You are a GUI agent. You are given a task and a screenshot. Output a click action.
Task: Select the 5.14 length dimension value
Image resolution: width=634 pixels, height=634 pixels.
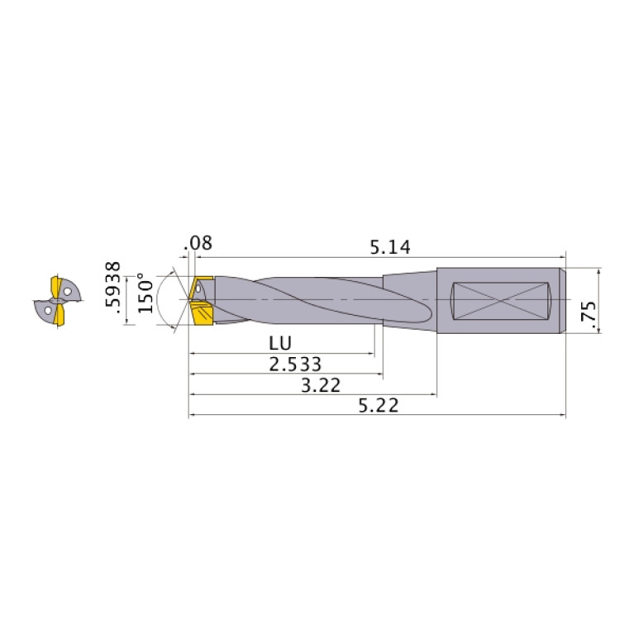click(390, 246)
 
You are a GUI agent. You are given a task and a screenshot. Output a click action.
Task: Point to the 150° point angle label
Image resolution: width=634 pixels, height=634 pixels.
click(145, 293)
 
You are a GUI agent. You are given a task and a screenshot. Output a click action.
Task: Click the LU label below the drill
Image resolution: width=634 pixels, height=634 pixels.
click(279, 342)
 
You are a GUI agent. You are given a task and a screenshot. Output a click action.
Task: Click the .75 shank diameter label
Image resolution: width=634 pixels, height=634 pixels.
click(589, 316)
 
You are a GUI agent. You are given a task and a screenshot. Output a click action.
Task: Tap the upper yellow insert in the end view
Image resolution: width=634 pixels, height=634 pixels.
click(59, 286)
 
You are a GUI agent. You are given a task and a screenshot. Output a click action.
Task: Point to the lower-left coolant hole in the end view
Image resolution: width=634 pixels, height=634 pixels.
click(49, 310)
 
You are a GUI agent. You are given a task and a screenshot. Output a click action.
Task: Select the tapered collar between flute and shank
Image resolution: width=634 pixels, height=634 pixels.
click(409, 299)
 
